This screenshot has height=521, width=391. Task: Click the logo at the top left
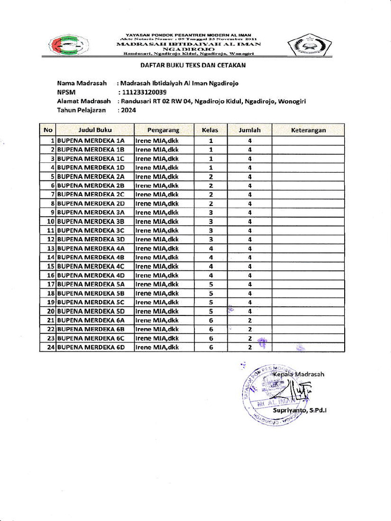click(69, 45)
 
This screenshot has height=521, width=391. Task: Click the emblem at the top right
click(306, 45)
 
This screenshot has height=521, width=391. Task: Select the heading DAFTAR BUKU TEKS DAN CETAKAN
click(193, 65)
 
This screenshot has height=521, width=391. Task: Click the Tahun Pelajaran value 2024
click(127, 110)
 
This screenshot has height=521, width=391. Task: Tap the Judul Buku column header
click(95, 130)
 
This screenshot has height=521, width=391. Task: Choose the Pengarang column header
click(163, 130)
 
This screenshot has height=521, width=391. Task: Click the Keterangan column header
click(308, 130)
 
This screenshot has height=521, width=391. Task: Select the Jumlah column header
click(249, 130)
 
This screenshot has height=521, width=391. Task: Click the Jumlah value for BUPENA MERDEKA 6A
click(249, 320)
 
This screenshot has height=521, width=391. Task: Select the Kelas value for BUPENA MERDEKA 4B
click(210, 257)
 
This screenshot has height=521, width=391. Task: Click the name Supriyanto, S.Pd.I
click(299, 410)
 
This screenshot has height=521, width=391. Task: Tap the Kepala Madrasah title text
click(298, 374)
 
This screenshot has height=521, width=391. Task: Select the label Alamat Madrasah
click(83, 101)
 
